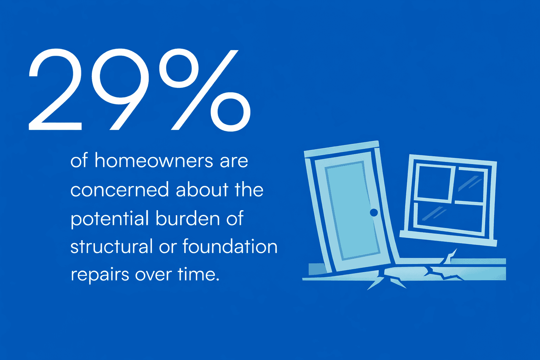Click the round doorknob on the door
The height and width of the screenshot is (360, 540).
coord(373,212)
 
